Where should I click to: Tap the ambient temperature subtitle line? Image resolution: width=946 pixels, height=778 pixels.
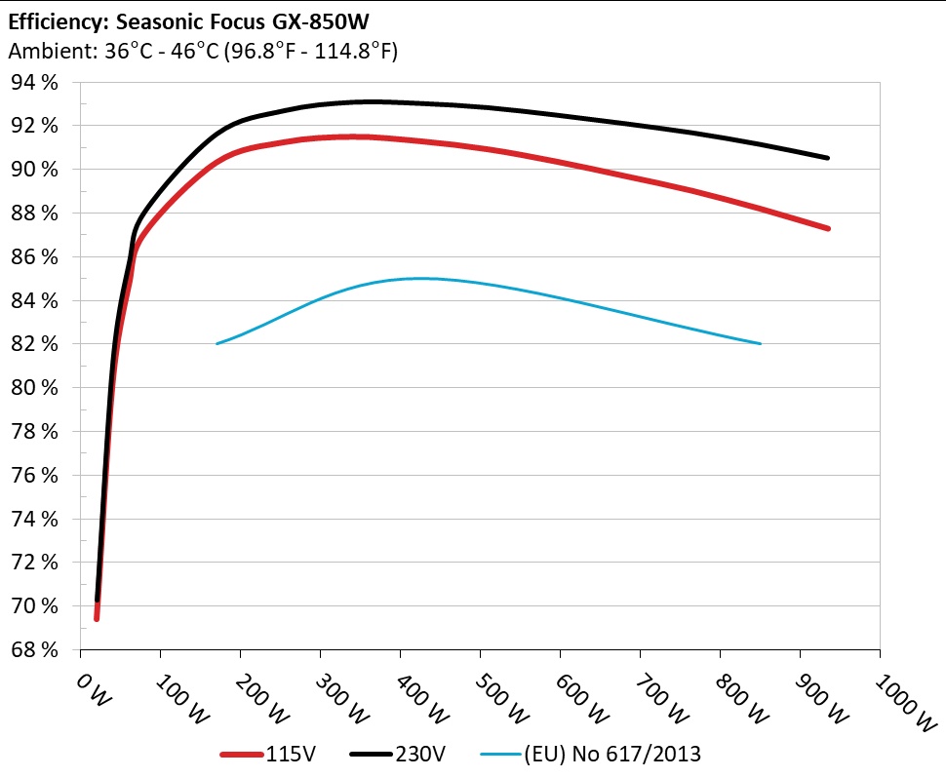click(x=203, y=52)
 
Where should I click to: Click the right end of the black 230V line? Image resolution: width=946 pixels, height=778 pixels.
click(x=828, y=158)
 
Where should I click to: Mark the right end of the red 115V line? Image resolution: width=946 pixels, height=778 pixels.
click(x=828, y=228)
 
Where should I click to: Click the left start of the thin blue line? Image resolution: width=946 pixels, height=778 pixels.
click(x=217, y=343)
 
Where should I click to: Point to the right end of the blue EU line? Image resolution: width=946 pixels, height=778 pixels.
click(x=760, y=343)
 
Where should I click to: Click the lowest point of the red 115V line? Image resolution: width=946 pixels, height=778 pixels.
click(x=97, y=618)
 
